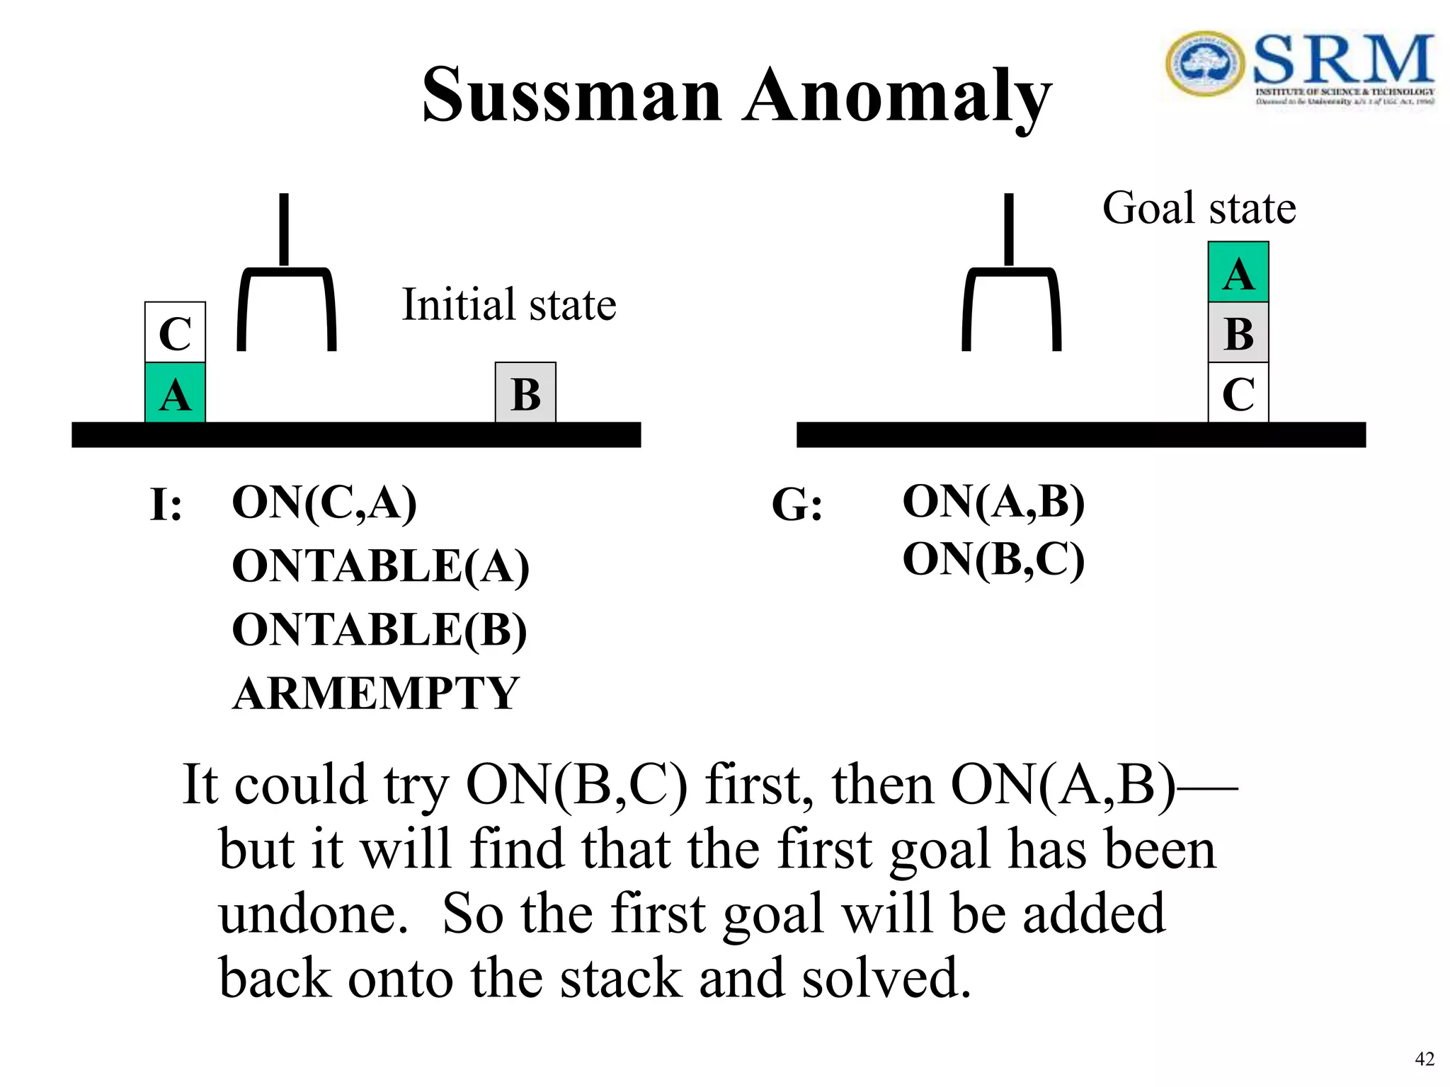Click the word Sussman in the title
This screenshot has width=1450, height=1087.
click(x=571, y=96)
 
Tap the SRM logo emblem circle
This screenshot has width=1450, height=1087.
click(x=1205, y=64)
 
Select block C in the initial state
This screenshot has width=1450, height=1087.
click(x=175, y=333)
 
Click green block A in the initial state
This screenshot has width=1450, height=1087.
click(x=175, y=393)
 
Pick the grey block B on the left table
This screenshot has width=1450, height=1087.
click(x=525, y=393)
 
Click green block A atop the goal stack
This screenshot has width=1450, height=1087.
click(x=1238, y=272)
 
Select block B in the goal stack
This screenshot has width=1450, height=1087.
click(x=1238, y=333)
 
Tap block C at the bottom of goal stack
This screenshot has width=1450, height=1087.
click(x=1238, y=393)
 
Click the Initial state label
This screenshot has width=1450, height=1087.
click(x=508, y=305)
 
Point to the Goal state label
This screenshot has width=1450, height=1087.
click(x=1199, y=208)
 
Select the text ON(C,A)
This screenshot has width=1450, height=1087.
click(x=324, y=503)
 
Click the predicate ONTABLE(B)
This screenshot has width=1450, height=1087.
click(x=379, y=630)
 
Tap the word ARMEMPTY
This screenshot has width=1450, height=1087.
click(x=376, y=694)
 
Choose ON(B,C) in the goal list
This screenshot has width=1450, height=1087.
click(x=993, y=560)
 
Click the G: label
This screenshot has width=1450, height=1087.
click(x=797, y=506)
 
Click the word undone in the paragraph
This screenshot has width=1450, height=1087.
click(x=313, y=914)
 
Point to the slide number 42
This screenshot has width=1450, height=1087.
click(x=1424, y=1059)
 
